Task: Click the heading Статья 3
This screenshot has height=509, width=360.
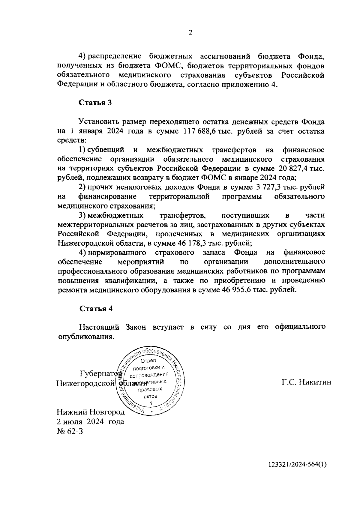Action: click(95, 103)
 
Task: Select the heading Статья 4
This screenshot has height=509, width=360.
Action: click(96, 309)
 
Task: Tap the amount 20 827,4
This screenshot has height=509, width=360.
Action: click(292, 168)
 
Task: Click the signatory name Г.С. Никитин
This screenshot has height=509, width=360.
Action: click(306, 382)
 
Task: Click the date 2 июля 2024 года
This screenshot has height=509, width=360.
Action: click(90, 421)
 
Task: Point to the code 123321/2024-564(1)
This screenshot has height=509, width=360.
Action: click(297, 473)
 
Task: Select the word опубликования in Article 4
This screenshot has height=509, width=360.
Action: click(85, 336)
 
